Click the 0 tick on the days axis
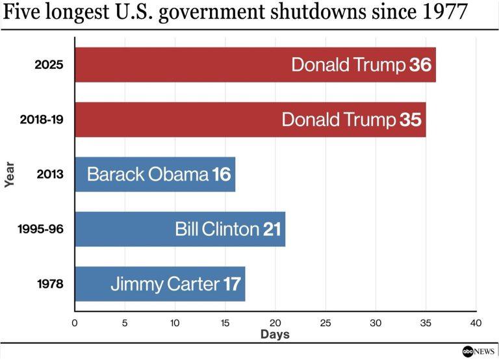tap(75, 322)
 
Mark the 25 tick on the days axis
tap(326, 322)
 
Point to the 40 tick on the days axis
tap(476, 322)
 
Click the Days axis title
tap(275, 335)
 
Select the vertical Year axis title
tap(10, 174)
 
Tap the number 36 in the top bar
tap(421, 65)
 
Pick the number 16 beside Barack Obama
tap(222, 174)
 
